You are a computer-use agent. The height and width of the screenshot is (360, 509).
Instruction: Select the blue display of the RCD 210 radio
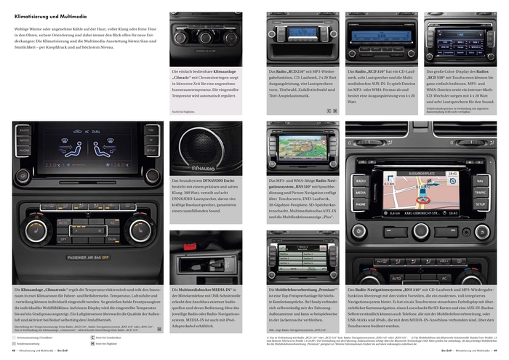pos(301,32)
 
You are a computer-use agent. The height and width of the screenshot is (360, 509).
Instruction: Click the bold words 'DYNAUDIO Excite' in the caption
pos(217,181)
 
